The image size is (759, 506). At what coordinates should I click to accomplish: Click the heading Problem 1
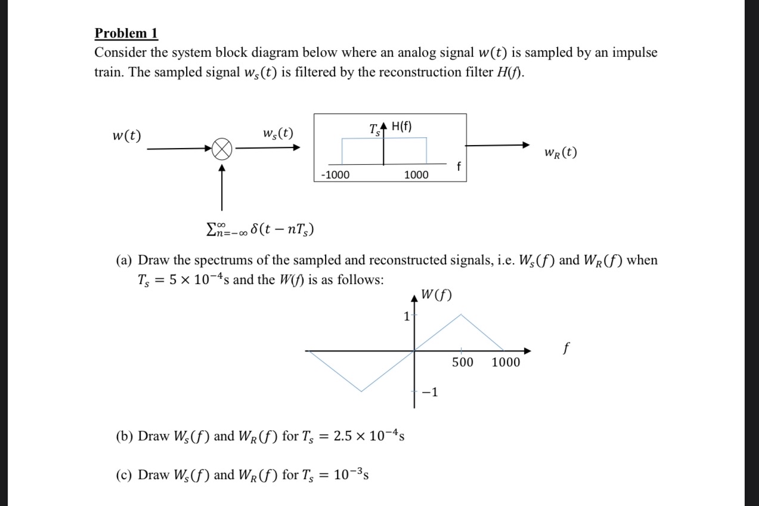pyautogui.click(x=126, y=33)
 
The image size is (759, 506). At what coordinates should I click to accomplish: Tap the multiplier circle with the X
pyautogui.click(x=222, y=149)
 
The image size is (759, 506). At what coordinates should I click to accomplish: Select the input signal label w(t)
pyautogui.click(x=127, y=135)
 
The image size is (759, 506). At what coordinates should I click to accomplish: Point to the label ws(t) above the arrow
pyautogui.click(x=278, y=133)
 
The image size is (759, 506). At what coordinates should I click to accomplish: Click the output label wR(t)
pyautogui.click(x=560, y=153)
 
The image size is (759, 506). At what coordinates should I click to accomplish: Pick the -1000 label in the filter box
pyautogui.click(x=336, y=174)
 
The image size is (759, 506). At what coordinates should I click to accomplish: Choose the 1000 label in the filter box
pyautogui.click(x=416, y=174)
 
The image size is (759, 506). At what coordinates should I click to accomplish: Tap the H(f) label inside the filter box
pyautogui.click(x=402, y=126)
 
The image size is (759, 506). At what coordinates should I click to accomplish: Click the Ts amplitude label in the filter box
pyautogui.click(x=374, y=128)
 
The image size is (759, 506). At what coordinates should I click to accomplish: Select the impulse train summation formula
pyautogui.click(x=260, y=230)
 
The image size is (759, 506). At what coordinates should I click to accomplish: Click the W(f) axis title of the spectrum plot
pyautogui.click(x=436, y=294)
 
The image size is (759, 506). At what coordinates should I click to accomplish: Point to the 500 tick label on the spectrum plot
pyautogui.click(x=463, y=362)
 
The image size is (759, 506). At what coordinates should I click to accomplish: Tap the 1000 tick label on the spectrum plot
pyautogui.click(x=506, y=362)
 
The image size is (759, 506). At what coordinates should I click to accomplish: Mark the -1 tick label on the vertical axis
pyautogui.click(x=430, y=392)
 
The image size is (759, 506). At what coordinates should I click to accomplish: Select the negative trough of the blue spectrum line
pyautogui.click(x=360, y=391)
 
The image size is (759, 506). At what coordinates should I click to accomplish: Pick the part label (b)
pyautogui.click(x=125, y=436)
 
